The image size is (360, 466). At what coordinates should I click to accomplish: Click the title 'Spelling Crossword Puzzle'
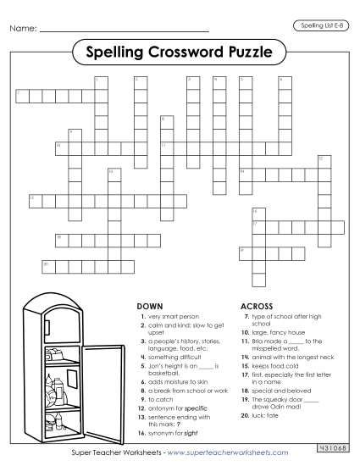(180, 53)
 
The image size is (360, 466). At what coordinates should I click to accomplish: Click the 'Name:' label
(24, 31)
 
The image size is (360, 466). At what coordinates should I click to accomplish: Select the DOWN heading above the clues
(149, 305)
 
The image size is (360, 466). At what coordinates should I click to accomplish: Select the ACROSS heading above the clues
(257, 305)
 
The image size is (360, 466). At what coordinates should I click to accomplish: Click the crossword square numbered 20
(47, 267)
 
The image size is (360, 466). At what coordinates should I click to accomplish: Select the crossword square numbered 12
(323, 161)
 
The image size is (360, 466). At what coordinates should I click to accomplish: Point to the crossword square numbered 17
(257, 226)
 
